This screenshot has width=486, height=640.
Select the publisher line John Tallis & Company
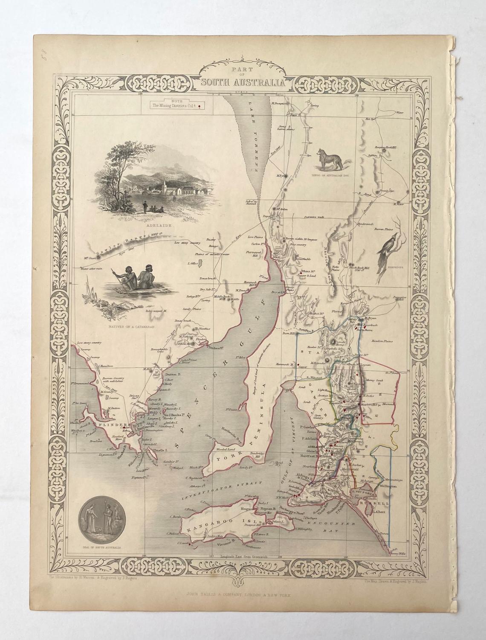point(243,599)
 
